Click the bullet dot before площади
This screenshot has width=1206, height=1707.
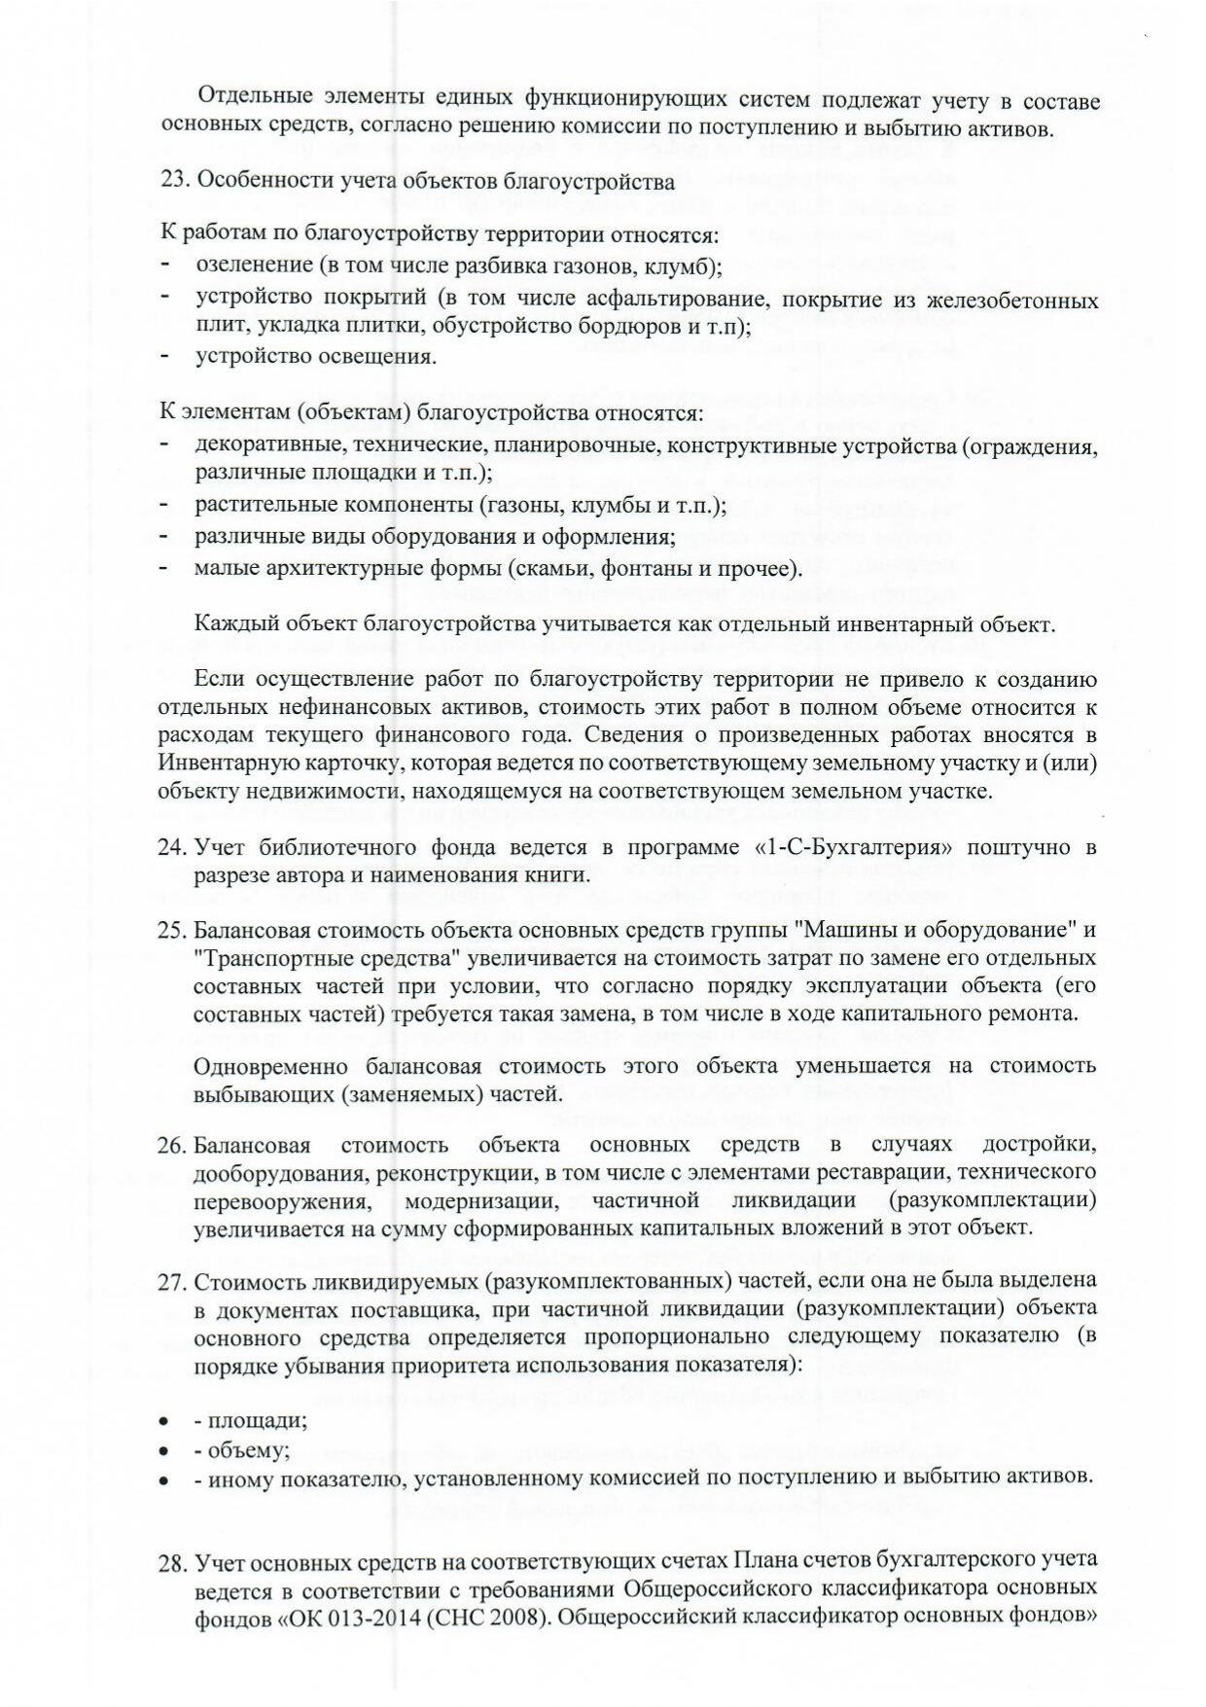(165, 1421)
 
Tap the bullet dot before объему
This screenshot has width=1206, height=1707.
(165, 1451)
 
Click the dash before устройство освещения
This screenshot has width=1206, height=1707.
(165, 356)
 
